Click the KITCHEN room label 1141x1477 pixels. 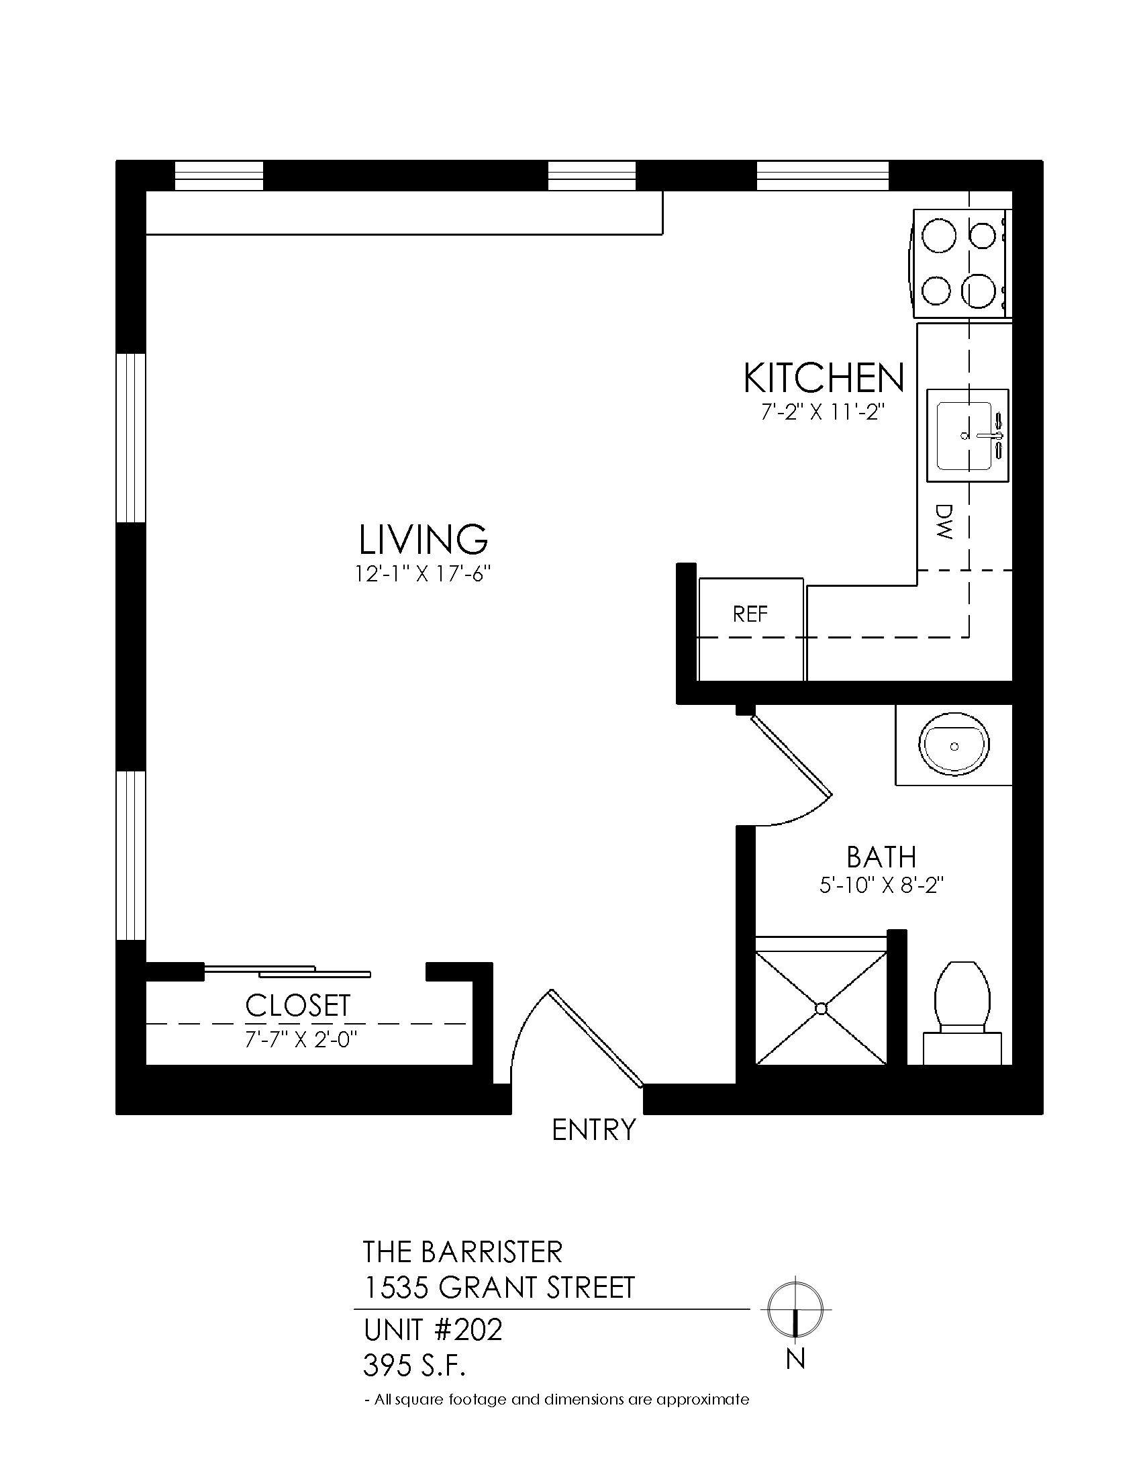coord(824,378)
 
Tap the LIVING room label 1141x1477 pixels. coord(423,539)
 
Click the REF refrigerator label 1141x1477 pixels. coord(750,614)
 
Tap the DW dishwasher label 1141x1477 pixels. coord(944,522)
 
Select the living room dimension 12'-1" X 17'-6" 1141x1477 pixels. coord(422,574)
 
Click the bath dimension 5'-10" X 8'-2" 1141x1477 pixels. coord(881,886)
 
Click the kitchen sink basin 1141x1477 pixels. coord(964,436)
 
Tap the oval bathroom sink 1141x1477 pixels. coord(954,747)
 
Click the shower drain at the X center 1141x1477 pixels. coord(822,1008)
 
